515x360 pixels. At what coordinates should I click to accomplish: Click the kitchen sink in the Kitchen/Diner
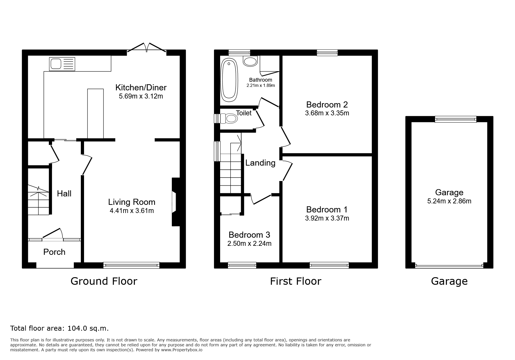pyautogui.click(x=63, y=64)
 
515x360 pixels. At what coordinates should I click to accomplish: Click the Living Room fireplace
pyautogui.click(x=176, y=202)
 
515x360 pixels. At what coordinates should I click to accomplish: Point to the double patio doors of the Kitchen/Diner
pyautogui.click(x=147, y=48)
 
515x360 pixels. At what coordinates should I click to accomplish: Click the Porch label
pyautogui.click(x=54, y=252)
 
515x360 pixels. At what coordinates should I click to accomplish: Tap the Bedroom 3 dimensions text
pyautogui.click(x=250, y=243)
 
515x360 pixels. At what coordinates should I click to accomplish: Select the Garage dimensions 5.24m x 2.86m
pyautogui.click(x=449, y=201)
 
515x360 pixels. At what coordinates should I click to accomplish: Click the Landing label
pyautogui.click(x=260, y=163)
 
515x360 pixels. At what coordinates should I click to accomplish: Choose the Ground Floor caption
pyautogui.click(x=104, y=281)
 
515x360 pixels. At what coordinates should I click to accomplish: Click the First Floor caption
pyautogui.click(x=296, y=281)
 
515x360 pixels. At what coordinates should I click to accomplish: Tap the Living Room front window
pyautogui.click(x=131, y=265)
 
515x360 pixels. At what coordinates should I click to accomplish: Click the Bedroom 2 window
pyautogui.click(x=327, y=53)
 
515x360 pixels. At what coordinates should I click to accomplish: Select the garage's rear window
pyautogui.click(x=456, y=119)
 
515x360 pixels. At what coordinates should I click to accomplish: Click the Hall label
pyautogui.click(x=64, y=194)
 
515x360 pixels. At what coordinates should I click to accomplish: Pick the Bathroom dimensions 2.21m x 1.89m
pyautogui.click(x=261, y=85)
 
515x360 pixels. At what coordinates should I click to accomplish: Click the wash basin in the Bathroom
pyautogui.click(x=250, y=61)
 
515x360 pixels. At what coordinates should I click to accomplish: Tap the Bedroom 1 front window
pyautogui.click(x=329, y=265)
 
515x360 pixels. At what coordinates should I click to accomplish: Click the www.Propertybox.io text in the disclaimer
pyautogui.click(x=182, y=350)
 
